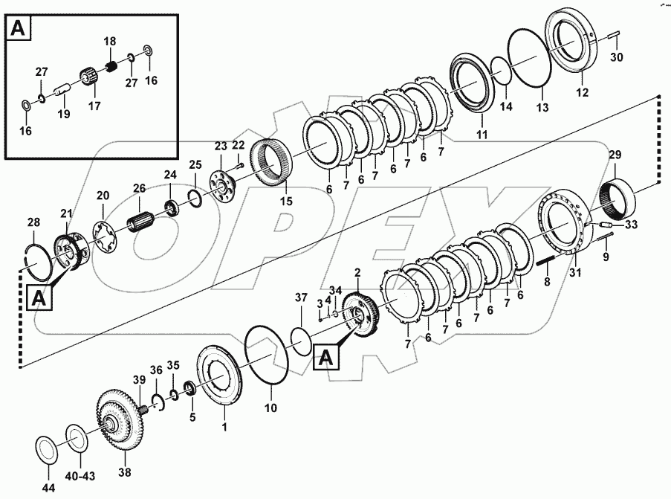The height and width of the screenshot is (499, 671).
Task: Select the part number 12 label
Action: tap(582, 93)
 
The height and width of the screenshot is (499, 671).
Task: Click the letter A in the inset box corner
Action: tap(17, 29)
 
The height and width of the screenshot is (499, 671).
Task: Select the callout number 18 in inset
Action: tap(109, 42)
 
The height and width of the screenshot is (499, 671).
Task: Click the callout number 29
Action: tap(615, 155)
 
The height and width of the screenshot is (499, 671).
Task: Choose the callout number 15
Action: tap(285, 202)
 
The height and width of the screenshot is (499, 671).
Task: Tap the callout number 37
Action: tap(300, 298)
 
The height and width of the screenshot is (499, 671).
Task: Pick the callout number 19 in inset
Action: tap(65, 114)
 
